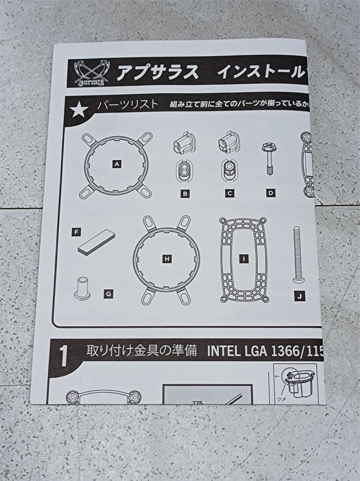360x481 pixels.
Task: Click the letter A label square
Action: [x=117, y=164]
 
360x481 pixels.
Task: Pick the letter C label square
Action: [x=229, y=193]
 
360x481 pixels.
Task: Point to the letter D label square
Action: [x=270, y=193]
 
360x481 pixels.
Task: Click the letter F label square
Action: [x=77, y=232]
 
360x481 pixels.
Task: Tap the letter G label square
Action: [x=108, y=293]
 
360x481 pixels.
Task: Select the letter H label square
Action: [x=167, y=258]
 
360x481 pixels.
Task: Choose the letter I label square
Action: [x=243, y=258]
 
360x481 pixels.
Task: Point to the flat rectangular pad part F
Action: [x=96, y=242]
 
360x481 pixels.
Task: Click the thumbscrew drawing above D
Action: [x=270, y=158]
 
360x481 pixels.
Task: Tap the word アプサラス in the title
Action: [x=157, y=73]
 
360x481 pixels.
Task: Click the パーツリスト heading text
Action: [x=128, y=105]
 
